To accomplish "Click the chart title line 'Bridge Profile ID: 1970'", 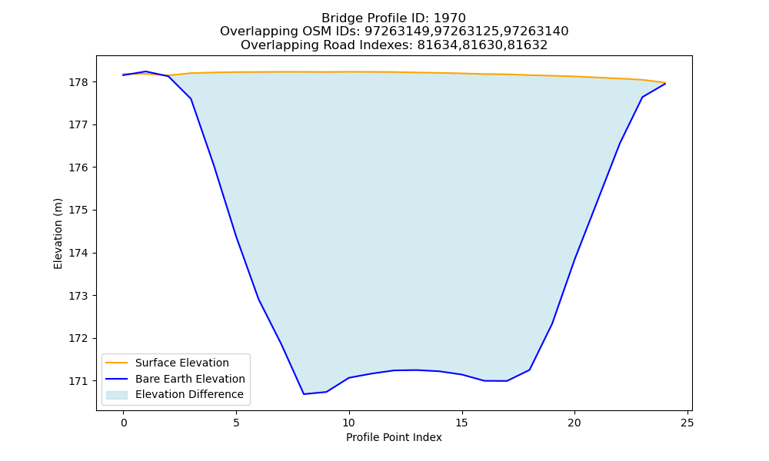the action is (393, 18).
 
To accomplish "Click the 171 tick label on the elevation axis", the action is (78, 381).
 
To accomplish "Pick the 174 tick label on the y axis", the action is (78, 254).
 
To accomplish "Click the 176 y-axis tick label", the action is (78, 167).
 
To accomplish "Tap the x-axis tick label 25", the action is (687, 423).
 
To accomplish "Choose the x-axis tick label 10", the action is (348, 423).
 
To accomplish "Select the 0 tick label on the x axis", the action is (124, 423).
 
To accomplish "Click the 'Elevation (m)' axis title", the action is (58, 234).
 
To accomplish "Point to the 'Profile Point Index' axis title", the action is (394, 437).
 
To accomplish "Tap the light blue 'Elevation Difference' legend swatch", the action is (117, 395).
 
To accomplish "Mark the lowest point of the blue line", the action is (304, 394).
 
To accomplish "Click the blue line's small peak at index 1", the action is (146, 71).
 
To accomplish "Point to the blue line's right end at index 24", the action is (665, 84).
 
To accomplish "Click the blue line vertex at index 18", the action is (530, 370).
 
